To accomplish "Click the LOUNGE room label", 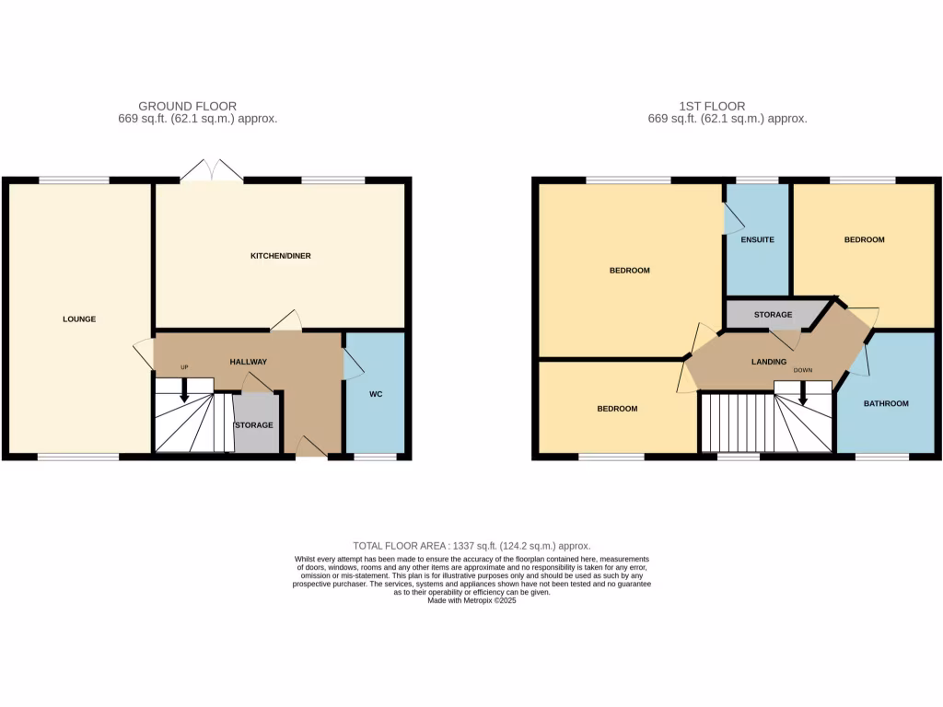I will (79, 319).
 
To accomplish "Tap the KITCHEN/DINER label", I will (281, 255).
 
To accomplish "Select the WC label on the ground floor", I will (376, 394).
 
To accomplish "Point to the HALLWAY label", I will (248, 362).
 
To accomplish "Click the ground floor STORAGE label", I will (253, 425).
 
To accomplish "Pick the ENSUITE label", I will (757, 239).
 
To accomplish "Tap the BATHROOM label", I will (886, 403).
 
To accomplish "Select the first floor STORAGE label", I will (773, 315).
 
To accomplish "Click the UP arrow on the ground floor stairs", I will (184, 390).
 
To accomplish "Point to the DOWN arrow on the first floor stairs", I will (803, 393).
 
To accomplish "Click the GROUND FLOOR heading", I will (187, 106).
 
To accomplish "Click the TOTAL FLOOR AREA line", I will (471, 546).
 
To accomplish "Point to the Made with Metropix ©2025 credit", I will (471, 600).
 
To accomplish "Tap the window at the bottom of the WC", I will (376, 457).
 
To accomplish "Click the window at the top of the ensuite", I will (758, 180).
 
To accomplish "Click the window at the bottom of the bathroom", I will (882, 457).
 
